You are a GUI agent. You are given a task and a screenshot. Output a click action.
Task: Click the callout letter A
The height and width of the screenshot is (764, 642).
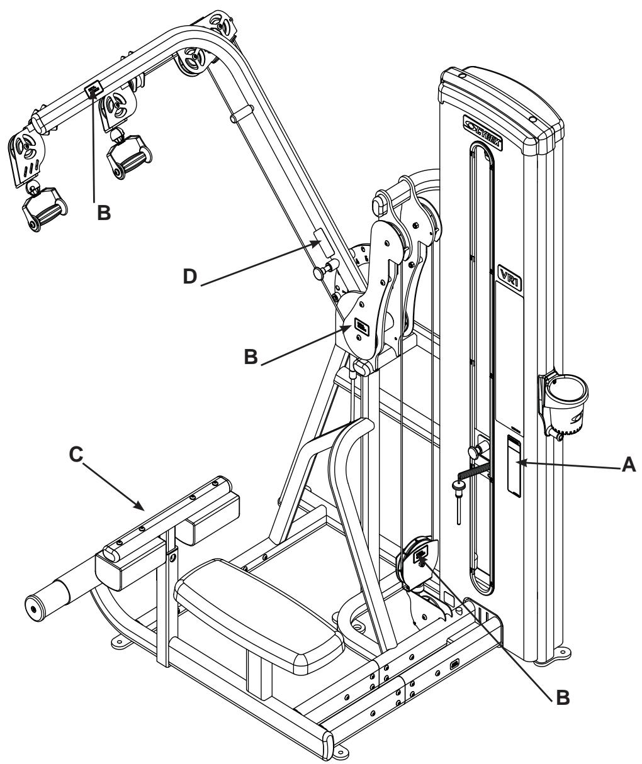628,465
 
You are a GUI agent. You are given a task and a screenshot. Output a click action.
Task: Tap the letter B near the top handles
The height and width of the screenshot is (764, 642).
104,213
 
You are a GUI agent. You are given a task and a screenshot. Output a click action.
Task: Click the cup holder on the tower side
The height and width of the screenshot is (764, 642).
566,394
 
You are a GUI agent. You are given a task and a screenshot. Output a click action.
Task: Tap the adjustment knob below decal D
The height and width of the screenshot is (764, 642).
322,273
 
